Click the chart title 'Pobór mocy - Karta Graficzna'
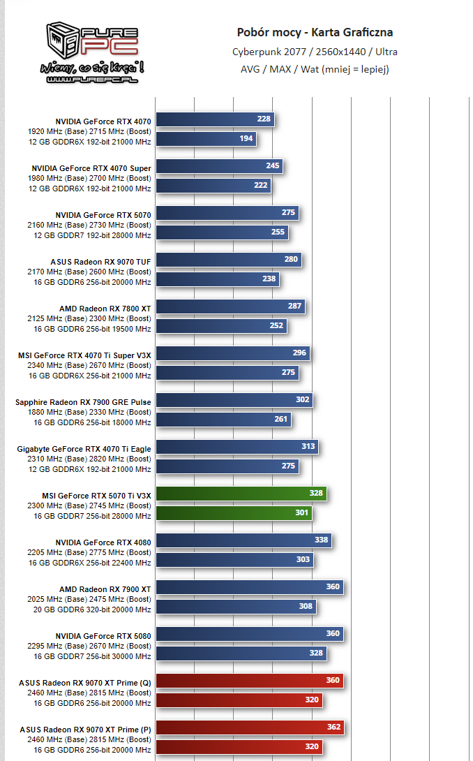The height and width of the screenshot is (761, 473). pos(315,32)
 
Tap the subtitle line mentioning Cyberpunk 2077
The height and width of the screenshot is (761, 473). pos(315,51)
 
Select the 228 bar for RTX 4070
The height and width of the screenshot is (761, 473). pos(214,119)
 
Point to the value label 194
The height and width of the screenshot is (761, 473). pos(246,139)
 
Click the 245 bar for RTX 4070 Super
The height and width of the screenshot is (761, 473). pos(218,166)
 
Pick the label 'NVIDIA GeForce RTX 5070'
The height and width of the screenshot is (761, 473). pos(103,214)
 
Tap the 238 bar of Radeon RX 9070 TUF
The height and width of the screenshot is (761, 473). pos(217,279)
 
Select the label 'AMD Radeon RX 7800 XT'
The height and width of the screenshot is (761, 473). pos(105,308)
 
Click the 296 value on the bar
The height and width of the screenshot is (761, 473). pos(299,353)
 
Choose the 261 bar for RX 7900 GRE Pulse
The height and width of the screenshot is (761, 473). pos(223,419)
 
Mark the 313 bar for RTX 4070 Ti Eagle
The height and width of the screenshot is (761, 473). pos(236,447)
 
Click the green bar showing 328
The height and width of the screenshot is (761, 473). pos(241,494)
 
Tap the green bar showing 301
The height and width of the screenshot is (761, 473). pos(233,513)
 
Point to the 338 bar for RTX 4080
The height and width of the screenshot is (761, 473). pos(243,540)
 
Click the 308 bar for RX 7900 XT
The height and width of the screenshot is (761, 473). pos(235,606)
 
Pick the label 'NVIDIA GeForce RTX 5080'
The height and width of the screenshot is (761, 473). pos(103,636)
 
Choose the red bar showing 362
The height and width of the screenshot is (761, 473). pos(249,727)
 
